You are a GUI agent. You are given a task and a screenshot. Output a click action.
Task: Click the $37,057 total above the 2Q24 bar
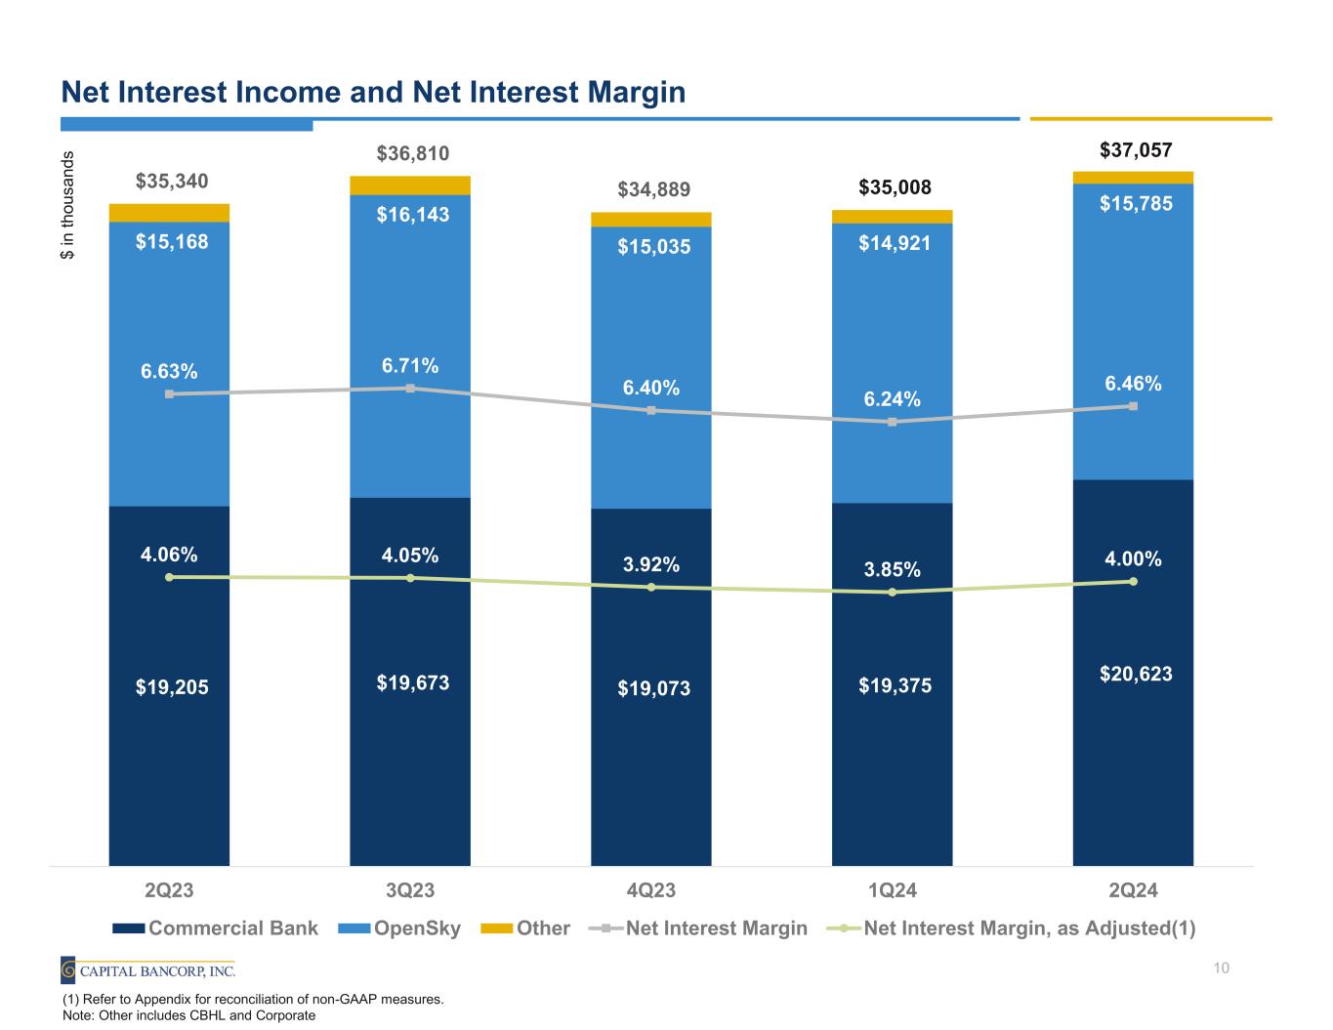point(1136,149)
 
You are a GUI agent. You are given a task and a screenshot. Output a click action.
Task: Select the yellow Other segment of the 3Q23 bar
point(410,185)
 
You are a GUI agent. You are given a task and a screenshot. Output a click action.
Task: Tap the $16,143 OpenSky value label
point(413,214)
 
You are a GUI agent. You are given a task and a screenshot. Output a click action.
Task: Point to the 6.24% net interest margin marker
point(893,422)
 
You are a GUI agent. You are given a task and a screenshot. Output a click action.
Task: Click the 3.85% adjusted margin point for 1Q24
point(893,593)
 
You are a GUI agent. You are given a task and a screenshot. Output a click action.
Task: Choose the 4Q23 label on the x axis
point(650,890)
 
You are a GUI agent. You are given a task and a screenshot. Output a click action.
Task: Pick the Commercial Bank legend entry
point(215,927)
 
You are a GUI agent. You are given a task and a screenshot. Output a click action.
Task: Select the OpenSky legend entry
point(399,927)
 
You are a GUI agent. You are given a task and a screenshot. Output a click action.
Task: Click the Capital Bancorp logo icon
point(69,970)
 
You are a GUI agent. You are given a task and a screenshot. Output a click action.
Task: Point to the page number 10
point(1220,968)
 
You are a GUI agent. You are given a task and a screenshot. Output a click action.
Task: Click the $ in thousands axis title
point(67,205)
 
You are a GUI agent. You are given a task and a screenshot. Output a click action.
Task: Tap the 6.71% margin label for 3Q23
point(410,365)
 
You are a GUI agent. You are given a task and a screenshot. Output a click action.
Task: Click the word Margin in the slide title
point(631,93)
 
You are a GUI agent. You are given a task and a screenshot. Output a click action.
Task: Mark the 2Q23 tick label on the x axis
point(169,890)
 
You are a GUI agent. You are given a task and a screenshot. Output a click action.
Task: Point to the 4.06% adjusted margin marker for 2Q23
point(169,577)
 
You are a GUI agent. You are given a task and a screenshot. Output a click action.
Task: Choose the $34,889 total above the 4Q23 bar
point(652,187)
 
